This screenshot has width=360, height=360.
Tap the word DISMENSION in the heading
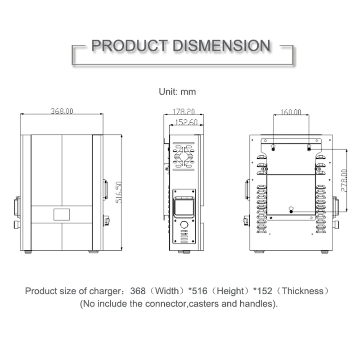click(x=221, y=45)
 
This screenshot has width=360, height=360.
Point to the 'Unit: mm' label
click(x=177, y=92)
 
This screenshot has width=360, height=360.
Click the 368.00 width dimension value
click(x=61, y=111)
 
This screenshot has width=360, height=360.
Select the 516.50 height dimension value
click(x=119, y=192)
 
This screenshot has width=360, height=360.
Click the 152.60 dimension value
click(x=186, y=121)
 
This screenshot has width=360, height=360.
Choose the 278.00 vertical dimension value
click(x=344, y=181)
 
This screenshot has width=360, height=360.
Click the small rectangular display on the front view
click(x=62, y=214)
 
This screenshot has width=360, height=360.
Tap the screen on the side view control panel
click(x=184, y=208)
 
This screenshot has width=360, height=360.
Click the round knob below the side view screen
click(x=184, y=225)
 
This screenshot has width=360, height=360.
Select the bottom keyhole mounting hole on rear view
click(x=291, y=209)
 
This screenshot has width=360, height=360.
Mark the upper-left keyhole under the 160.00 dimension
click(x=274, y=147)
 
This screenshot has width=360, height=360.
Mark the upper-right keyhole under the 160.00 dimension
click(x=309, y=147)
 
